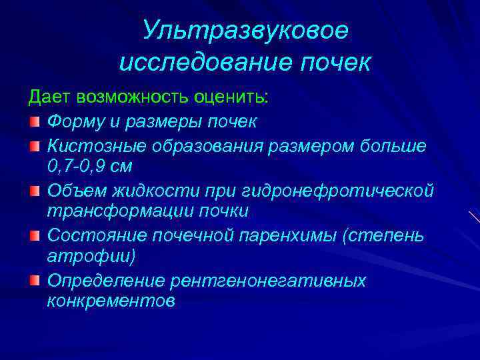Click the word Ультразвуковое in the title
(245, 31)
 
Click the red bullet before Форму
(35, 123)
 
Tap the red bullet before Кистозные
(35, 145)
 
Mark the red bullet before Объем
(35, 191)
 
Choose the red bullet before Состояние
(35, 236)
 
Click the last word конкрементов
(111, 301)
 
